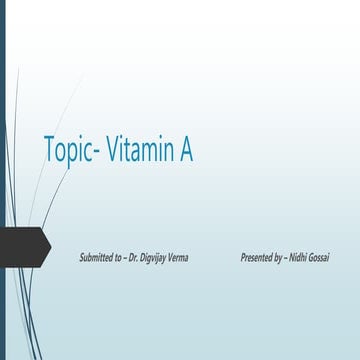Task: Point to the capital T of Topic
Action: point(49,149)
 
